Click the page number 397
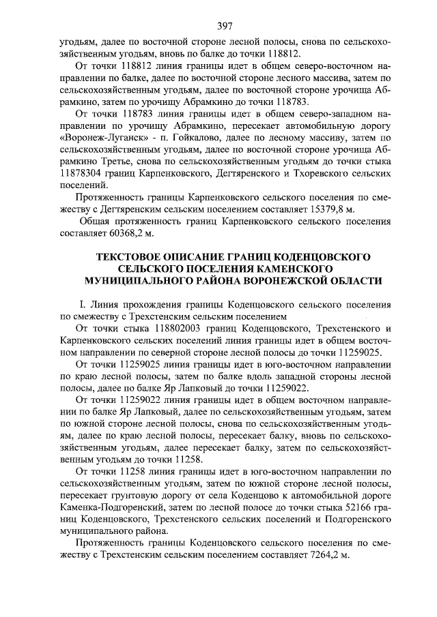227,27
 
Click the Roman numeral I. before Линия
83,305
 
